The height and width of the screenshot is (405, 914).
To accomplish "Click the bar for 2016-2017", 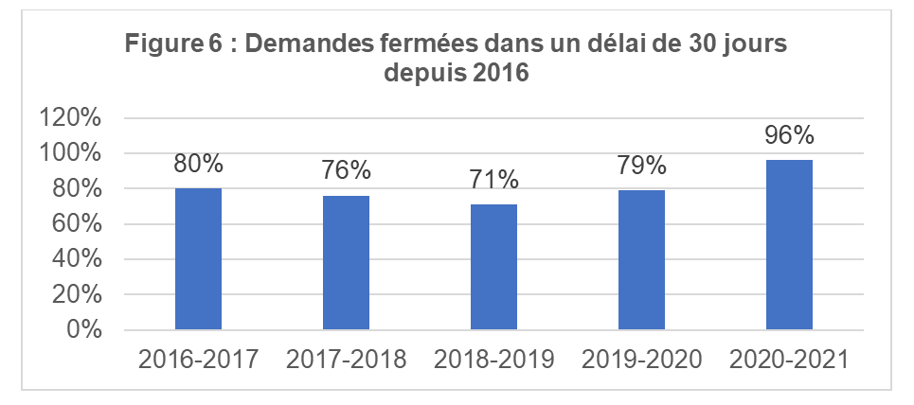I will (198, 259).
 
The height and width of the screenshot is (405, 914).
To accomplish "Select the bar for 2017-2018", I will (346, 262).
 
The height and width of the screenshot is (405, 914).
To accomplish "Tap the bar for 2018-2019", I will (493, 267).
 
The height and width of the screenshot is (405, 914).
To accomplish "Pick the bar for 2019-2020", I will (641, 260).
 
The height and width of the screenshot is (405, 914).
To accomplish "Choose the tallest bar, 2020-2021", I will (789, 245).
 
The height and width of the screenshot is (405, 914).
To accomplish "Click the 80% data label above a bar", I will (198, 164).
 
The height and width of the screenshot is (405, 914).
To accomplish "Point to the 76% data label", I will (346, 171).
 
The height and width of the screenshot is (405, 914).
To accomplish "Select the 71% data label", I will (493, 180).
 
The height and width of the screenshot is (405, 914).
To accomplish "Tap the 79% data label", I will (641, 166).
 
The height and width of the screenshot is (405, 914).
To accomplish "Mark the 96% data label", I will (789, 135).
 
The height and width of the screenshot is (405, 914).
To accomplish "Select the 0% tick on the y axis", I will (82, 330).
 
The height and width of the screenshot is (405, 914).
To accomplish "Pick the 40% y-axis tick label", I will (78, 259).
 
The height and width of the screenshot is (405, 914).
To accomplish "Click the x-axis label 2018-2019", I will (493, 361).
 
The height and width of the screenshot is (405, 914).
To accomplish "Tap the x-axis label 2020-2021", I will (789, 361).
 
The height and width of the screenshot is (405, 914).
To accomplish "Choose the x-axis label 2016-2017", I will (198, 361).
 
